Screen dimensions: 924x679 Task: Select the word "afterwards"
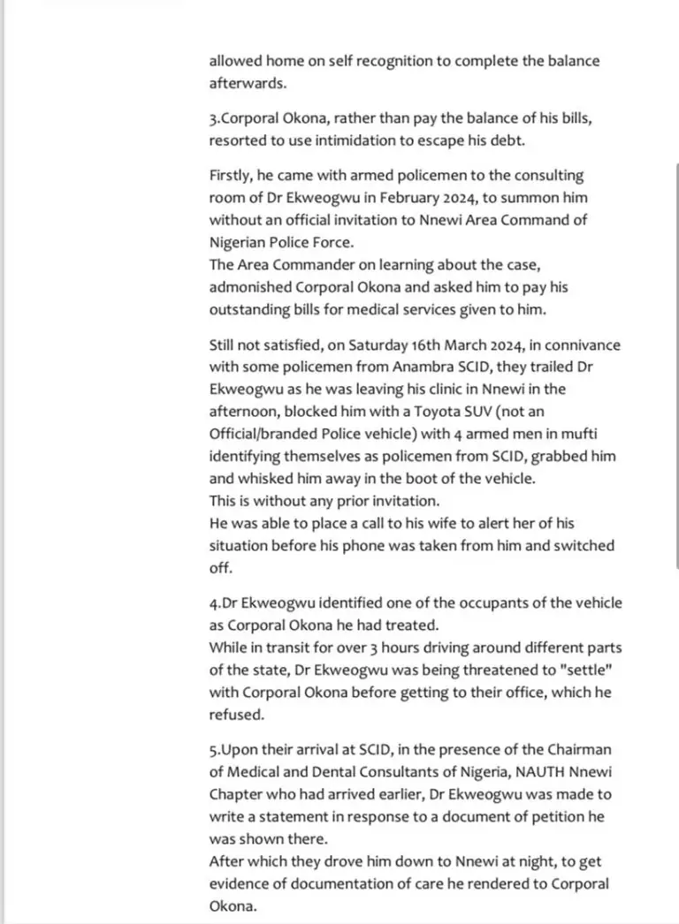click(x=249, y=84)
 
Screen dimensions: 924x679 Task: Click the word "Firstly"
click(x=231, y=176)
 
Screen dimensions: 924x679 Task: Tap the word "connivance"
click(x=582, y=344)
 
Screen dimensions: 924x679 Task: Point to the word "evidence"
click(x=241, y=883)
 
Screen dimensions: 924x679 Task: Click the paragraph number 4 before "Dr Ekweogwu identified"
click(x=213, y=603)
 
